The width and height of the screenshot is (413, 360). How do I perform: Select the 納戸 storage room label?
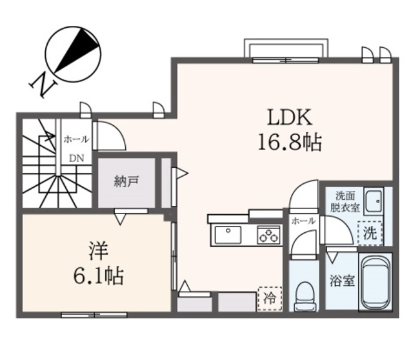tap(126, 182)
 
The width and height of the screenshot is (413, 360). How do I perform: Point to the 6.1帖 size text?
tap(97, 277)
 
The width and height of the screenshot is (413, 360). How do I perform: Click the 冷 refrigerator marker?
tap(268, 297)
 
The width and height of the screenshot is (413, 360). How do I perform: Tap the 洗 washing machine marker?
tap(369, 233)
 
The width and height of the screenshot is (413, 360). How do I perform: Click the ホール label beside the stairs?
tap(76, 139)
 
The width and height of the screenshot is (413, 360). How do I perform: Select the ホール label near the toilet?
tap(303, 221)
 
